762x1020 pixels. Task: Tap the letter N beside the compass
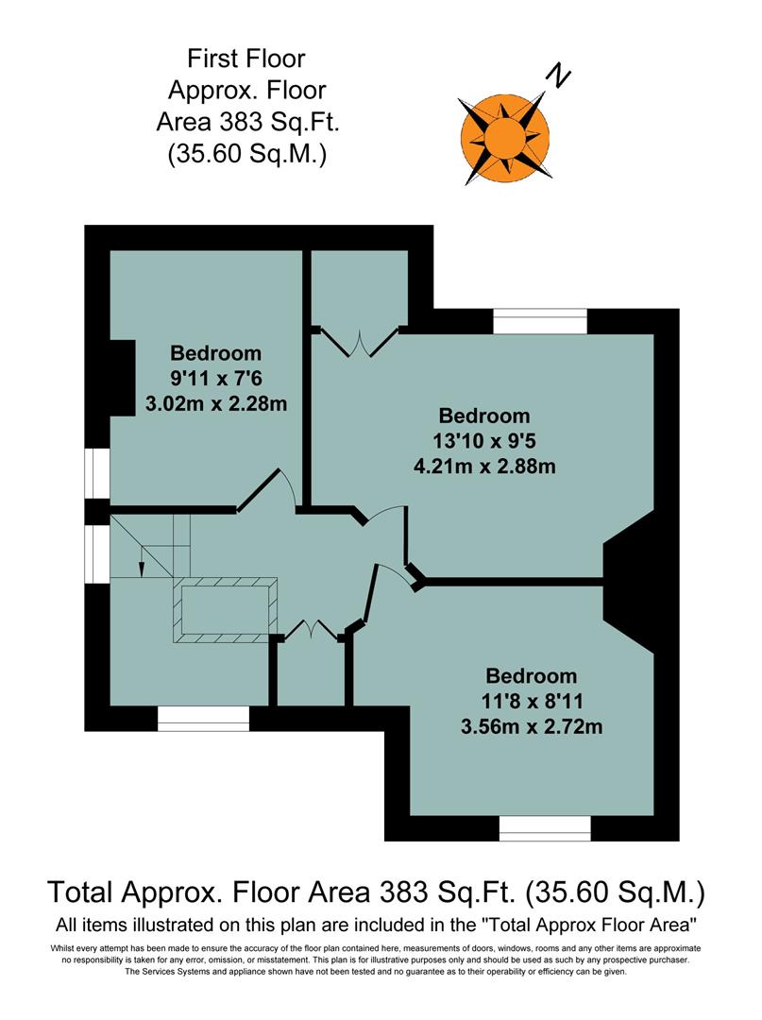[562, 76]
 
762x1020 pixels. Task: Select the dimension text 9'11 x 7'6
[215, 379]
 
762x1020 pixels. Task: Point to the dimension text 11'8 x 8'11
[531, 702]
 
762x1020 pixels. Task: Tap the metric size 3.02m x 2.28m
[215, 404]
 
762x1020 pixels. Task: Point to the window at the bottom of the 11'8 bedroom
[545, 828]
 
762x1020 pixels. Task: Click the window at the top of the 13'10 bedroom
[540, 322]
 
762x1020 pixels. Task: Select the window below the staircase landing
[203, 719]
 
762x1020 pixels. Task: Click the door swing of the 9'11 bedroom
[271, 489]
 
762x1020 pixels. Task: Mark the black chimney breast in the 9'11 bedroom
[122, 378]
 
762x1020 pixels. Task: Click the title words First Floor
[246, 59]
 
